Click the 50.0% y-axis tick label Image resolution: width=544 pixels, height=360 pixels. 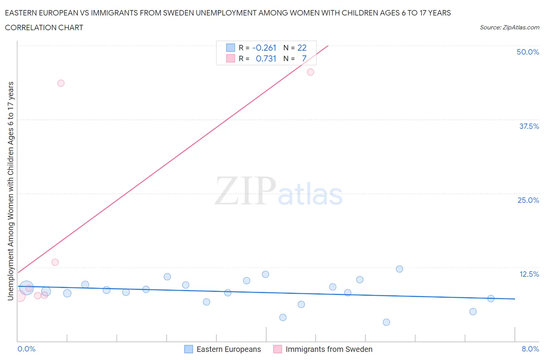pos(528,52)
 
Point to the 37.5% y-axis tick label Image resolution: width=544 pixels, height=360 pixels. pos(529,126)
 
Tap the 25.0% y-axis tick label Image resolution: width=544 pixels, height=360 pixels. pos(528,200)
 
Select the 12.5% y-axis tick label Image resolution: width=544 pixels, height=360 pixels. pos(529,274)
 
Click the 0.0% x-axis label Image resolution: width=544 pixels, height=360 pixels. pos(26,349)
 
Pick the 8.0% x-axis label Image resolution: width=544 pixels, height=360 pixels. pos(530,349)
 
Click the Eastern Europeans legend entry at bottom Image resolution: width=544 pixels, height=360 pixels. pos(223,349)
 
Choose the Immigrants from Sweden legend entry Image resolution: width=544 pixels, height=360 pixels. pos(323,349)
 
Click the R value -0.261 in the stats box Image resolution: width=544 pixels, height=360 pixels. pos(264,48)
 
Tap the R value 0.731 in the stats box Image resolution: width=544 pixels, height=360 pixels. pos(266,58)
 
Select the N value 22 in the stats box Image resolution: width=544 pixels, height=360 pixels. pos(302,48)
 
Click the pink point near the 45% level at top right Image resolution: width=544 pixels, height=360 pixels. pos(310,72)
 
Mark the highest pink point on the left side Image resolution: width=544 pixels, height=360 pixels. pos(61,83)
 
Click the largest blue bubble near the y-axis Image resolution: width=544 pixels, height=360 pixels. pos(26,288)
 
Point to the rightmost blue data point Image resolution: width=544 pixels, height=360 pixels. pos(491,298)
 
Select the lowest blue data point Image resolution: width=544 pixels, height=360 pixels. pos(386,322)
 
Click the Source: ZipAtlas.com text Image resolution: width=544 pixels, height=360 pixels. pos(509,27)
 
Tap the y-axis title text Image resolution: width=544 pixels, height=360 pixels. pos(10,191)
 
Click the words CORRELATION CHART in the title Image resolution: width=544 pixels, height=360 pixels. pos(44,27)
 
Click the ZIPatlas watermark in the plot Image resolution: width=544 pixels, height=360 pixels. pos(279,191)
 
